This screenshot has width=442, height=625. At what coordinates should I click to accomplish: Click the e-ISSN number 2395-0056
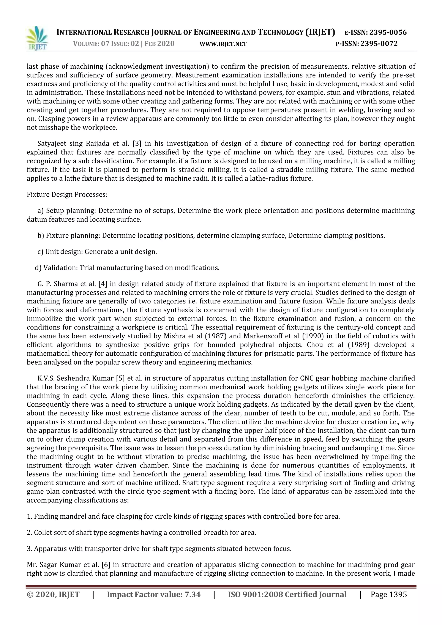(388, 32)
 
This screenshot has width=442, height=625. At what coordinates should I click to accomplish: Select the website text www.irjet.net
(223, 44)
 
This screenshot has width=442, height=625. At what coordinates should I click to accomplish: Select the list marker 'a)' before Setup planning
(41, 211)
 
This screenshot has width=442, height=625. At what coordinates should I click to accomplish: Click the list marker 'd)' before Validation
(38, 268)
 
